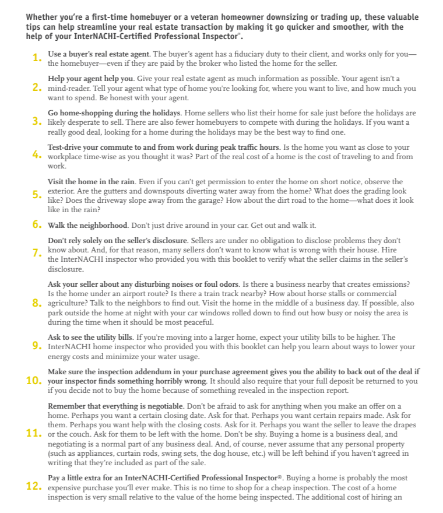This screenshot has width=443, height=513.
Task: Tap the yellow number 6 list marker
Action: tap(36, 224)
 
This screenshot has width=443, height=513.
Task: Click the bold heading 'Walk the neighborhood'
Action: tap(88, 224)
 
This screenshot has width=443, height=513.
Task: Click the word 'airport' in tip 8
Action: tap(139, 294)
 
